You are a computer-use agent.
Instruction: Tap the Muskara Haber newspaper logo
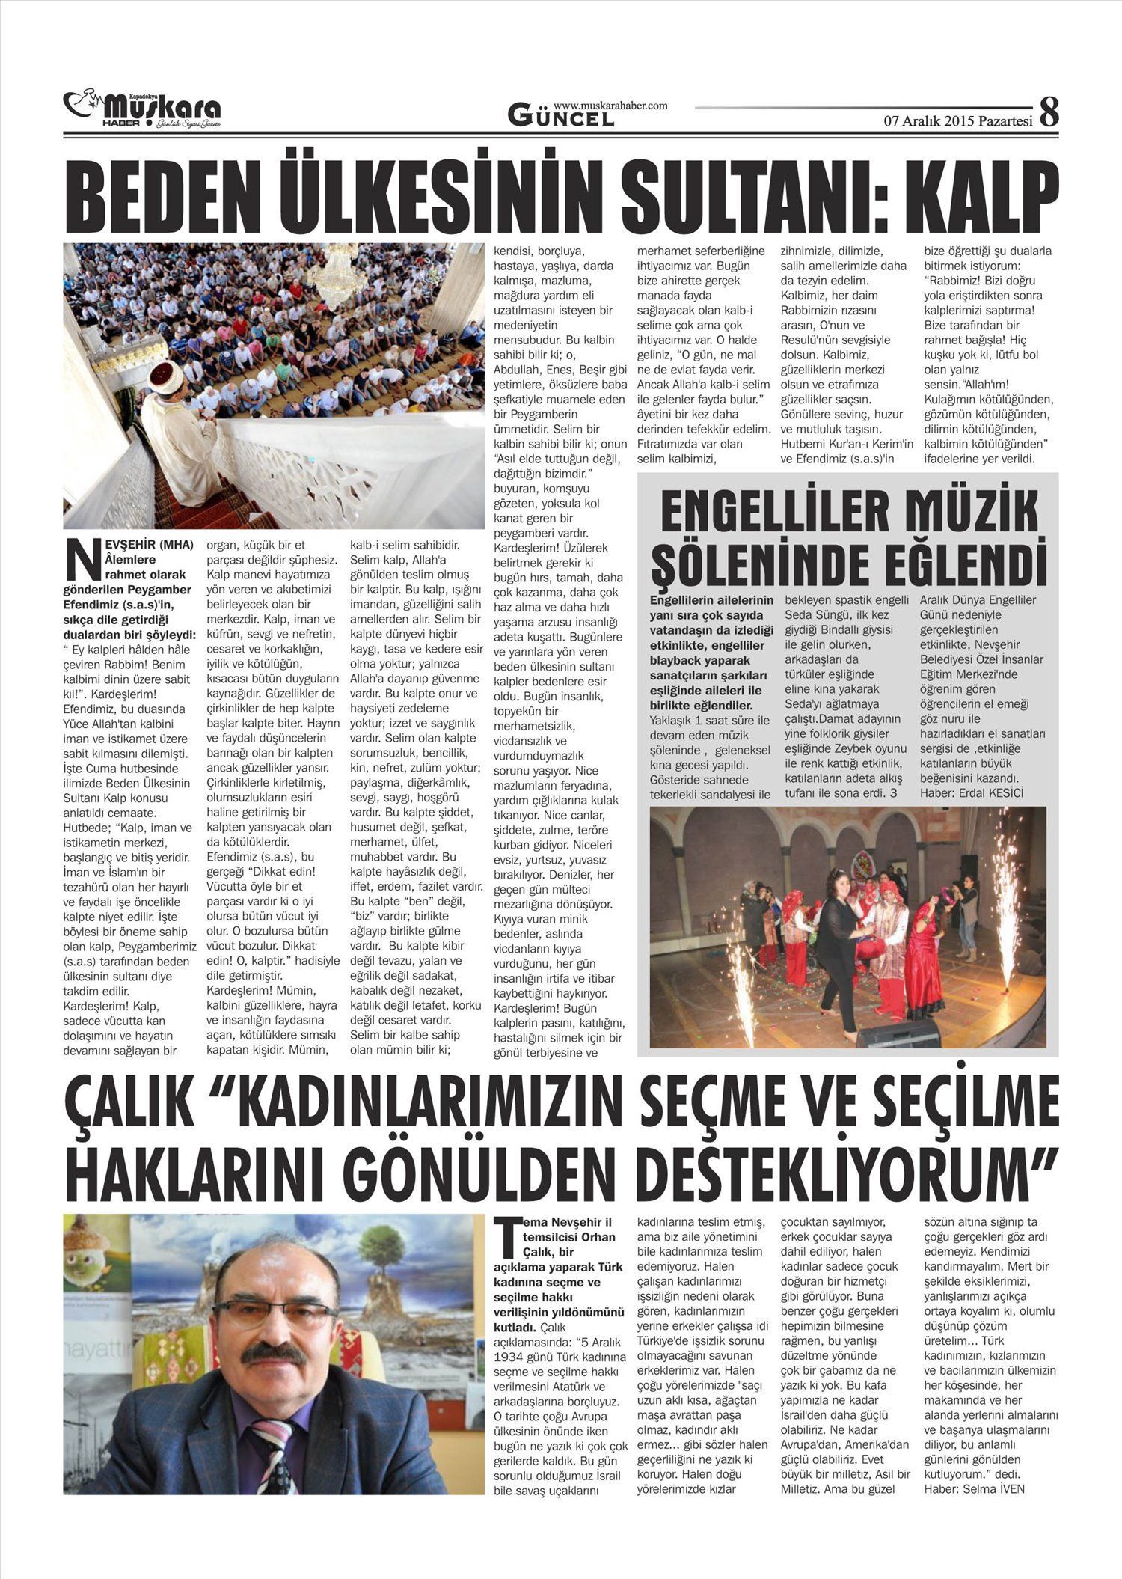click(142, 109)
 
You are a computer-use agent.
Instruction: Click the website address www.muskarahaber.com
click(610, 106)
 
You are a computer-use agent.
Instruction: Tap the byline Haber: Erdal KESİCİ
click(971, 792)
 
